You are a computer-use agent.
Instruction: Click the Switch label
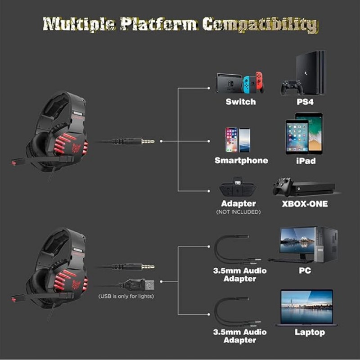(x=241, y=102)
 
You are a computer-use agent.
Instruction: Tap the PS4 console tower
(x=311, y=72)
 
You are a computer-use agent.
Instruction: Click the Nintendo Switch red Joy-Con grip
(x=260, y=82)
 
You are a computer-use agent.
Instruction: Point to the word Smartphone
(x=241, y=161)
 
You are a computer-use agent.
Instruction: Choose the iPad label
(x=306, y=161)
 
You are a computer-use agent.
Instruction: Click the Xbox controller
(x=283, y=186)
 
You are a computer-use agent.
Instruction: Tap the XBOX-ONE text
(x=305, y=204)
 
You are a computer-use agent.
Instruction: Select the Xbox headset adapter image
(x=238, y=186)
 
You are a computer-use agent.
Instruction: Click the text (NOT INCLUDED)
(x=238, y=212)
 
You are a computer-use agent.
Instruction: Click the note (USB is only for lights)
(x=126, y=296)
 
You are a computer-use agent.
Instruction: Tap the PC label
(x=305, y=270)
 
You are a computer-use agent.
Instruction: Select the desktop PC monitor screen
(x=297, y=240)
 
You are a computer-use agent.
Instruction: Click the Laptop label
(x=310, y=332)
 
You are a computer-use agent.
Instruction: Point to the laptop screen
(x=307, y=306)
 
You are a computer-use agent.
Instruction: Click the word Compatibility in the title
(x=260, y=24)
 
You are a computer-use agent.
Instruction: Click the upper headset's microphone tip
(x=14, y=163)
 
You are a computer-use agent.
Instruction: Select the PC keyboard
(x=290, y=260)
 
